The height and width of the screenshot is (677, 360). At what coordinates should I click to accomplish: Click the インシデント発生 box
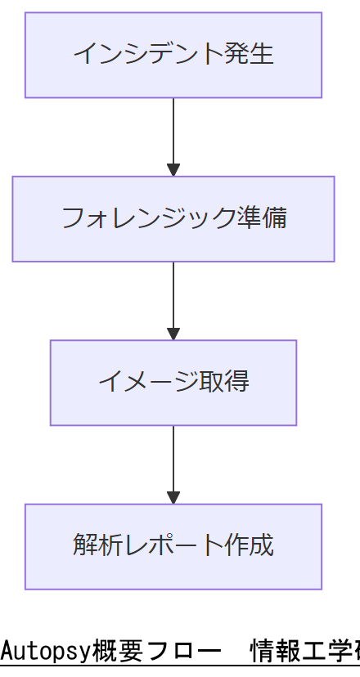pos(173,55)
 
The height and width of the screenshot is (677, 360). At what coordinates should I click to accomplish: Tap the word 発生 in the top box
pos(249,55)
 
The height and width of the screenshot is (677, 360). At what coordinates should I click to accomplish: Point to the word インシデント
pos(148,55)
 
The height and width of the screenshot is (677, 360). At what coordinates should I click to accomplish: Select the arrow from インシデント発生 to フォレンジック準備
pos(173,135)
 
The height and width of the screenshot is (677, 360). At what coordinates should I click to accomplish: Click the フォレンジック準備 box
pos(173,218)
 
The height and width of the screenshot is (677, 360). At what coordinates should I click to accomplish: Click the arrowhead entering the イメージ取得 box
pos(173,334)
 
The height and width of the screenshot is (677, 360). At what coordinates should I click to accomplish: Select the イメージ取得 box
pos(173,383)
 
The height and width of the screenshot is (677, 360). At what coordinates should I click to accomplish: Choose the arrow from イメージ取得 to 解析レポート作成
pos(173,462)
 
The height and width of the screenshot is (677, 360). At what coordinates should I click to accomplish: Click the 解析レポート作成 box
pos(173,546)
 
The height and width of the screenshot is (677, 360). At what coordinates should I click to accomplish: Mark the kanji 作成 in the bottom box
pos(249,545)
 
